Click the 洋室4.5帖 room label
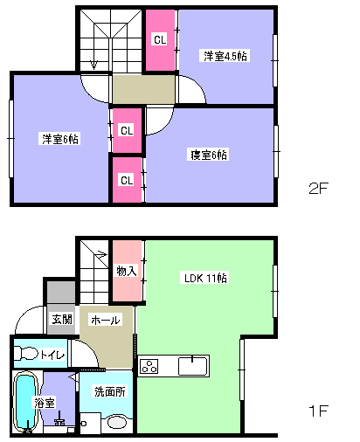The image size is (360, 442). point(225,56)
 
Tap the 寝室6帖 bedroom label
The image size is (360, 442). point(209,155)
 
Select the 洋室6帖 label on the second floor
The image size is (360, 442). point(60,139)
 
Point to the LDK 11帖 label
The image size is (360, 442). point(205,278)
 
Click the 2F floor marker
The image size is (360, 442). point(318,189)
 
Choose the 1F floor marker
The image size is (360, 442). point(318,411)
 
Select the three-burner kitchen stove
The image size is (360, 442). point(149,366)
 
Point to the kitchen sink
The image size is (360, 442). point(192,366)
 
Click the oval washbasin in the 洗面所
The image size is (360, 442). point(117,422)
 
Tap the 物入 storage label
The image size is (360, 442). point(127,271)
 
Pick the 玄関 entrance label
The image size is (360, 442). point(62,320)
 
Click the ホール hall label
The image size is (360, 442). point(105,321)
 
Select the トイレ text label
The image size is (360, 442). point(52,355)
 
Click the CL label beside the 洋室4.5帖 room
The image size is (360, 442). point(160,39)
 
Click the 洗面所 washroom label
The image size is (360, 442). point(110,391)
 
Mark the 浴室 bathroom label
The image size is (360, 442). point(45,403)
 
